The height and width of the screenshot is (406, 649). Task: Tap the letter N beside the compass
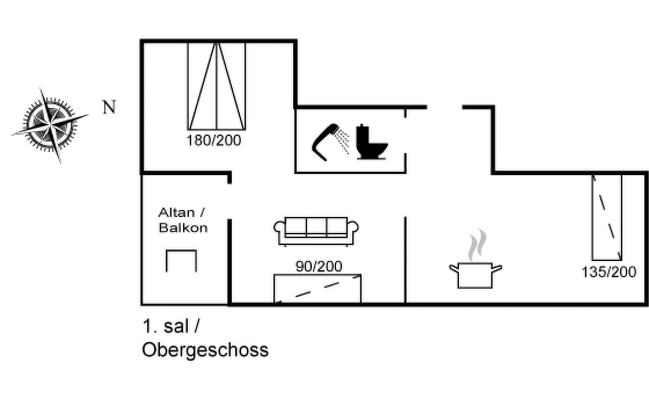pos(109,107)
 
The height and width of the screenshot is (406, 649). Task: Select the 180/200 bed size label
pos(214,140)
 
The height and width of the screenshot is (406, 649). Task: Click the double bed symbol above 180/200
pos(217,86)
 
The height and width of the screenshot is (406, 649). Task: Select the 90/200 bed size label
pos(319,267)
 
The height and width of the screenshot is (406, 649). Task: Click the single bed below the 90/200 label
pos(317,289)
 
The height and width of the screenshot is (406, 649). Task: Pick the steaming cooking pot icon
pos(475,275)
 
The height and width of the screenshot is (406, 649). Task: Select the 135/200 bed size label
pos(609,272)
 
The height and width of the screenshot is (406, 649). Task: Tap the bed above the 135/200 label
pos(607,217)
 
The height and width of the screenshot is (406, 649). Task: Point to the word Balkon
pos(183,228)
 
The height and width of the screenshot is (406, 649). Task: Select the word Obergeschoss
pos(205,350)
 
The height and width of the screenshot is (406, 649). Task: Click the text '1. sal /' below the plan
pos(171,326)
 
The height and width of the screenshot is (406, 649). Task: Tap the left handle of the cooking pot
pos(454,269)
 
